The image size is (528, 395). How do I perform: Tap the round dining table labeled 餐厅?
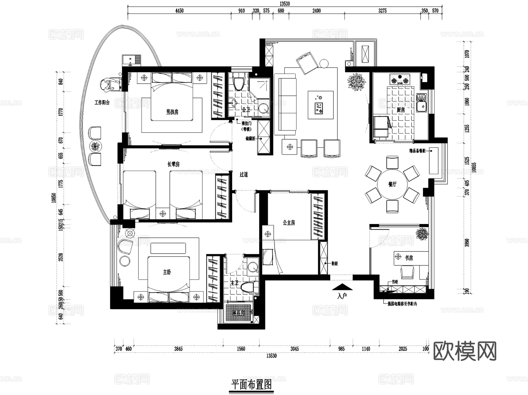[x=392, y=184]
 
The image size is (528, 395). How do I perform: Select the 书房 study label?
[x=409, y=258]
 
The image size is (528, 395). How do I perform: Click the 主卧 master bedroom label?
[x=167, y=272]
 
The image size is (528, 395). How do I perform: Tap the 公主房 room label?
[x=289, y=223]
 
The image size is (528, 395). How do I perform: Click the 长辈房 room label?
[x=173, y=165]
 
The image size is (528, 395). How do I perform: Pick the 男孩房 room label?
[x=172, y=112]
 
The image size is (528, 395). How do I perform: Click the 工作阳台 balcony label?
[x=102, y=103]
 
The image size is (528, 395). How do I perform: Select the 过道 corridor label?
[x=243, y=175]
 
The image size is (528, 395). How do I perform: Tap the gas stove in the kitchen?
[x=400, y=79]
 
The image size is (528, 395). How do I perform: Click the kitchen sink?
[x=422, y=103]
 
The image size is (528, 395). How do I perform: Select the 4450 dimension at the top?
[x=179, y=11]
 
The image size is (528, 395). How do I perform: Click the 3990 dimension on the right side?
[x=467, y=243]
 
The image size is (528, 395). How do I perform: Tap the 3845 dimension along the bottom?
[x=178, y=349]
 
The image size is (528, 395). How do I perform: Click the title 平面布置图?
[x=251, y=384]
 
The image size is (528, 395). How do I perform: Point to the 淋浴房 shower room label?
[x=238, y=313]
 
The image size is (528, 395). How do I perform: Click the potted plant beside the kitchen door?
[x=356, y=82]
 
